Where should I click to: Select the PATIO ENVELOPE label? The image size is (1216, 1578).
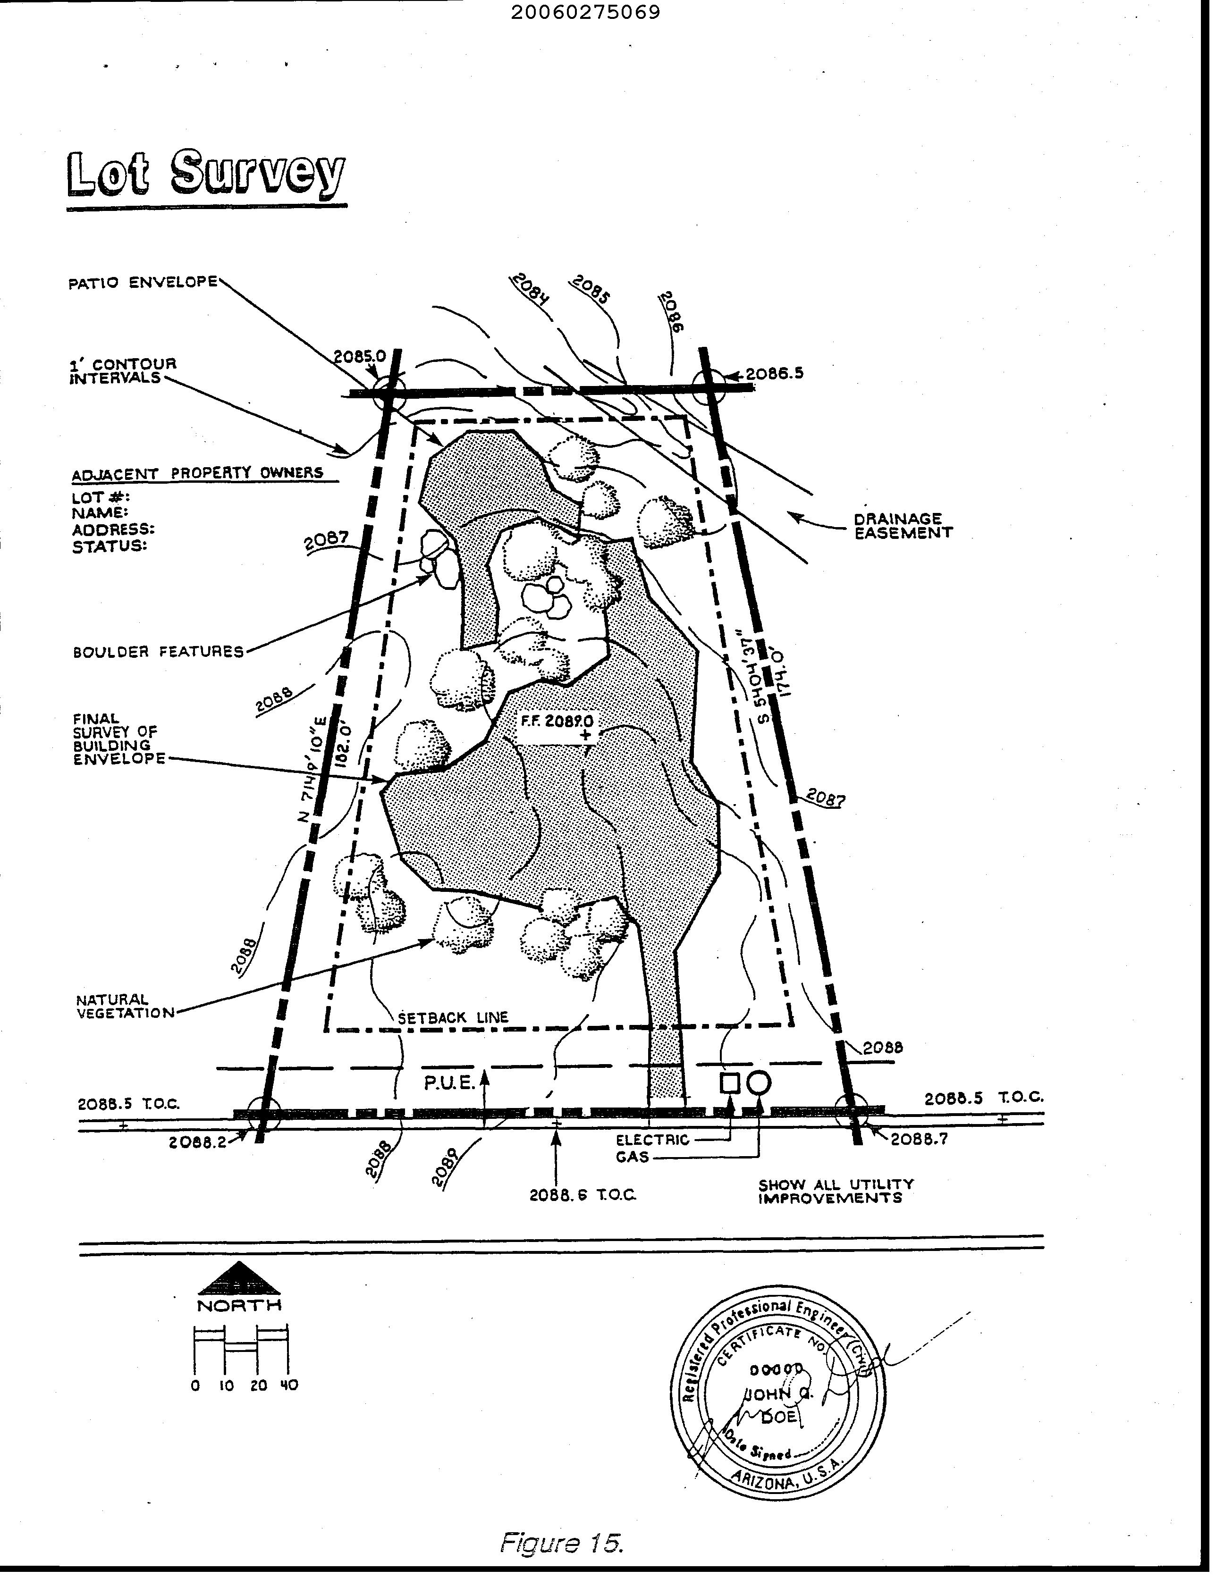tap(143, 283)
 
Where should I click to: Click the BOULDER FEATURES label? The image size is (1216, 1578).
tap(158, 652)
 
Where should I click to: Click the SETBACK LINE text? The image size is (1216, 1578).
tap(453, 1017)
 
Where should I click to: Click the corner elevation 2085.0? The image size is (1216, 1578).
tap(359, 356)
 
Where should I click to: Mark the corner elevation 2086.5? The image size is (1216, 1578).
tap(774, 374)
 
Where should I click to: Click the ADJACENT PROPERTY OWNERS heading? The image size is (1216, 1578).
tap(197, 474)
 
